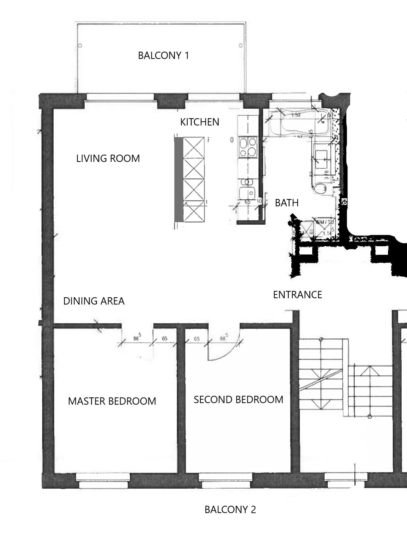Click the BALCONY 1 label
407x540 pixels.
tap(163, 55)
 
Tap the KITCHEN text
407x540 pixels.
tap(199, 122)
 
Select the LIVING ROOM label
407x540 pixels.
tap(108, 158)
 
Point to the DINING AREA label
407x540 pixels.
tap(94, 301)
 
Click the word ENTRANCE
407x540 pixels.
tap(297, 295)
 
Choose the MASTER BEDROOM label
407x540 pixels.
tap(112, 401)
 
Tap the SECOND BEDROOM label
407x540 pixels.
tap(238, 399)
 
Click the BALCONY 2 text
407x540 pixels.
tap(230, 510)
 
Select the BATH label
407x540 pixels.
tap(287, 203)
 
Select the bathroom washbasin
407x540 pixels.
tap(322, 158)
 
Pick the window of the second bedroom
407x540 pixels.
tap(226, 480)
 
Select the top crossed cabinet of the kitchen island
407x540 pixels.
tap(194, 147)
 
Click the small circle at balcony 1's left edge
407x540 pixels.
tap(80, 46)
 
